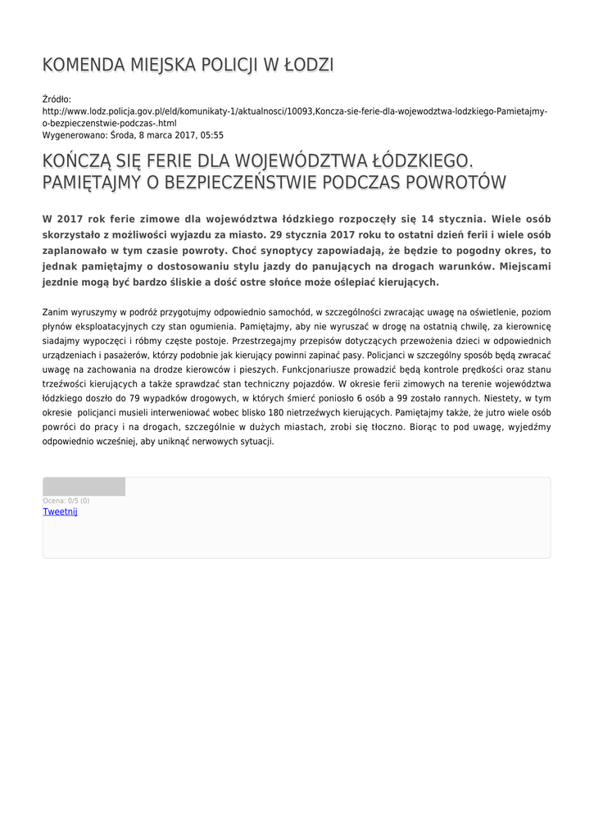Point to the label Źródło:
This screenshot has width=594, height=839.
(x=57, y=99)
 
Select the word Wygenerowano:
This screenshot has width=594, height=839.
(x=75, y=135)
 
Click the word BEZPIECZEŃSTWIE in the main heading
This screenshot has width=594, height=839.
(x=234, y=182)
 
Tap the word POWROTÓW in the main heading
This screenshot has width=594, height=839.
(x=456, y=182)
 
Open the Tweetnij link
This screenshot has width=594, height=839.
(x=60, y=511)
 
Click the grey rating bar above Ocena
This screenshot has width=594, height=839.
(x=84, y=487)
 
